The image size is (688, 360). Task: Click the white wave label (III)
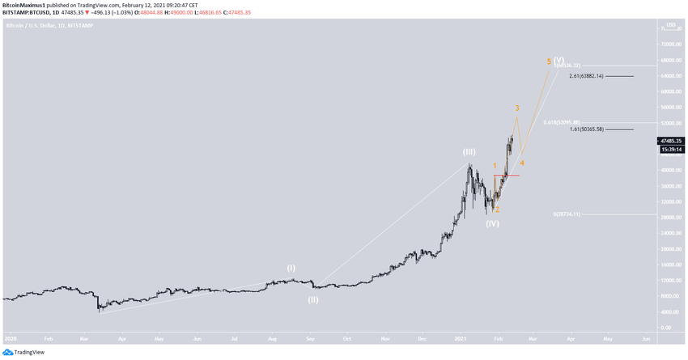(469, 151)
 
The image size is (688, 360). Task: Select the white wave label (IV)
(492, 223)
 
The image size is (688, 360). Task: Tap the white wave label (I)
(291, 267)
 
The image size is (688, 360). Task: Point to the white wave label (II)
(312, 299)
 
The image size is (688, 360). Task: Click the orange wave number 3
(517, 108)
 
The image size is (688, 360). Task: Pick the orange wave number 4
(522, 163)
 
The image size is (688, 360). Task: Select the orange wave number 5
(549, 61)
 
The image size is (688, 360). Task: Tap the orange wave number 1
(495, 166)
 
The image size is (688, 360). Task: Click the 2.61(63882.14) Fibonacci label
(597, 76)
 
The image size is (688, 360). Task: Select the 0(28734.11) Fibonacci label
(576, 214)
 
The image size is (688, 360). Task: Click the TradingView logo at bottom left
(24, 352)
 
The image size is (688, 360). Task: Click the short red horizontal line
(506, 175)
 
